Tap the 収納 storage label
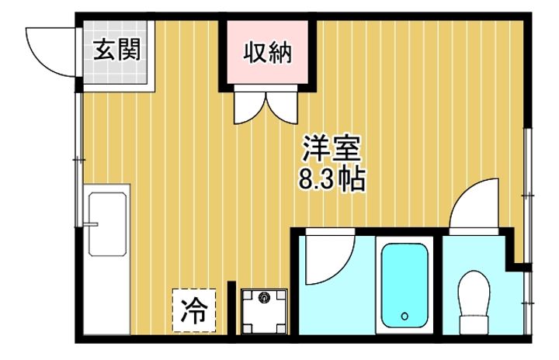point(269,52)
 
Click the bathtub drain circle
point(404,317)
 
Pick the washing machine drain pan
point(263,311)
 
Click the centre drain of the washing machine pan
point(263,297)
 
